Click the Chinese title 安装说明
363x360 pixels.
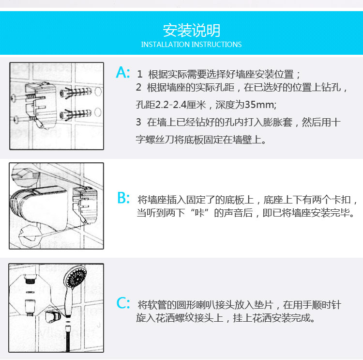point(192,31)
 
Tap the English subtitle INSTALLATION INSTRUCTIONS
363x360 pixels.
point(191,44)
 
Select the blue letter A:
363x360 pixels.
point(123,72)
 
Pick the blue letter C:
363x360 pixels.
point(123,303)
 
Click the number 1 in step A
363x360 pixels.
point(139,75)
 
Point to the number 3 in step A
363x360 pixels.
point(138,122)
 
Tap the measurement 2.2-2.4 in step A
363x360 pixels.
point(171,105)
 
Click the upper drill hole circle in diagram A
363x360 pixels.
point(98,92)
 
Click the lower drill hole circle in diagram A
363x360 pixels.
point(98,112)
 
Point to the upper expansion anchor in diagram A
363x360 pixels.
point(76,93)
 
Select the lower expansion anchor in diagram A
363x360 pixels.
point(76,114)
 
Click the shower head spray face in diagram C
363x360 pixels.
point(75,278)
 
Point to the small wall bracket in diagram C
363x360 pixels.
point(53,317)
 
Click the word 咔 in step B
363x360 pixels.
point(199,213)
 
